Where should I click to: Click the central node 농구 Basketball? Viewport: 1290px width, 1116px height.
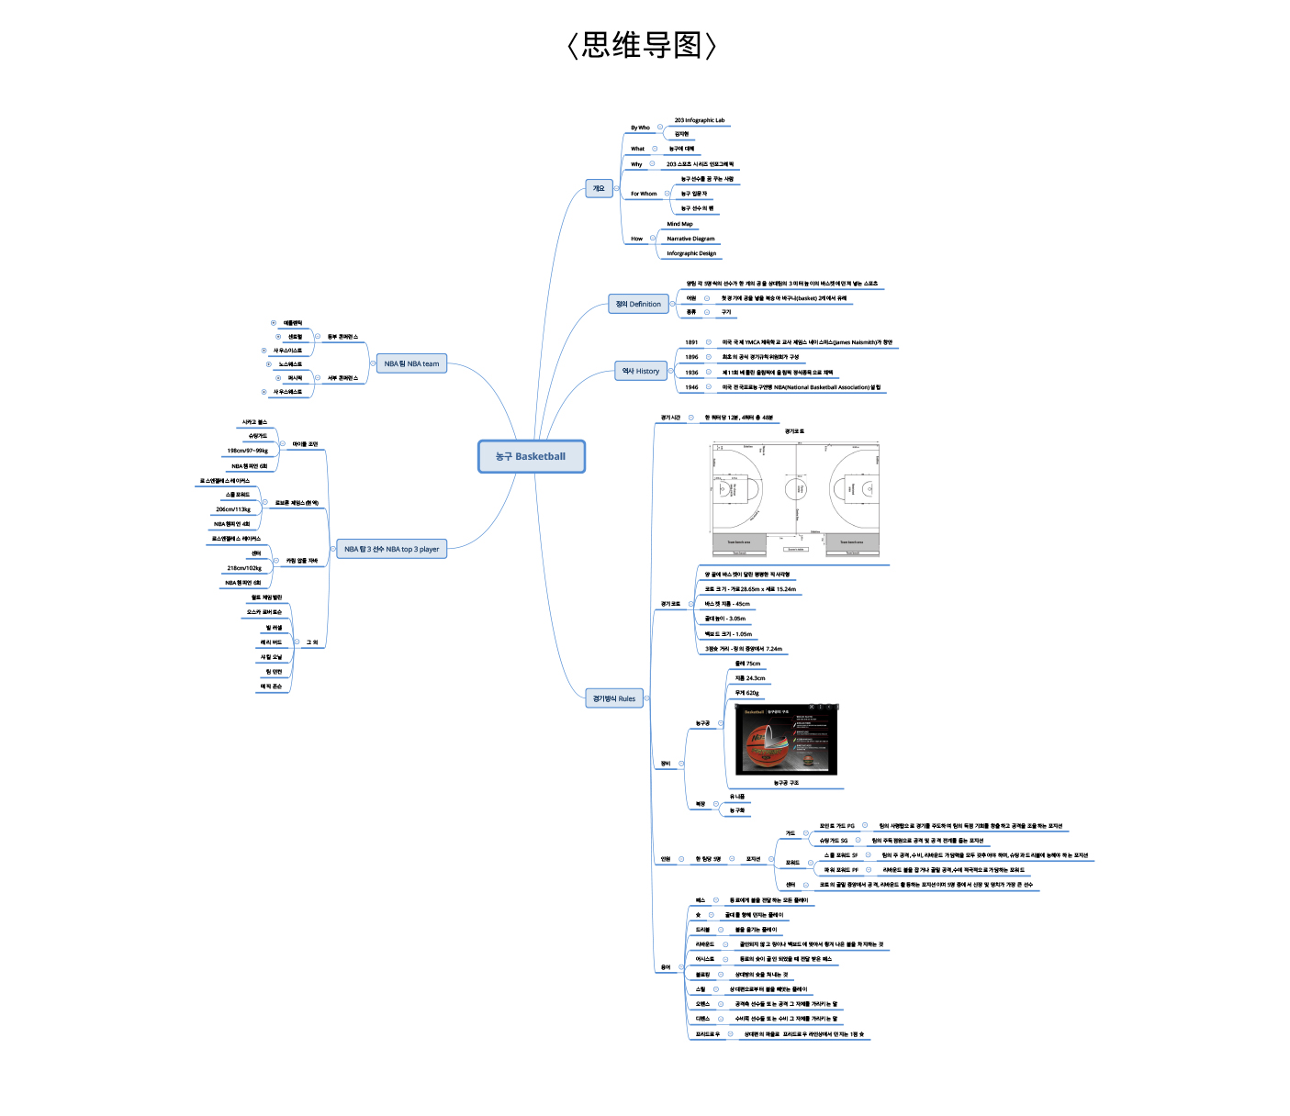(531, 456)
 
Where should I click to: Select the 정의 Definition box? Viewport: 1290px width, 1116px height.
(638, 304)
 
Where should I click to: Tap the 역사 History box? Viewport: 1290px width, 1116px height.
(640, 371)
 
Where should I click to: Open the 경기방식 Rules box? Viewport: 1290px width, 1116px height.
(613, 698)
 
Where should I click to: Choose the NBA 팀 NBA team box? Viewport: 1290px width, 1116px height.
(411, 363)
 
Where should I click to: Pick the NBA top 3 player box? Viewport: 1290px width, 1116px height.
(391, 549)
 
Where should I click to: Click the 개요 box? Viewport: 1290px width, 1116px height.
(599, 188)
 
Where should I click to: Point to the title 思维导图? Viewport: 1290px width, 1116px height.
(642, 45)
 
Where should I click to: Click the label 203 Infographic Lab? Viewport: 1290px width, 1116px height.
(699, 120)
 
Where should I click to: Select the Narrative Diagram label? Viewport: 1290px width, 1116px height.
(690, 239)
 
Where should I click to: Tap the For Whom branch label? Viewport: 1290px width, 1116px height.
(644, 194)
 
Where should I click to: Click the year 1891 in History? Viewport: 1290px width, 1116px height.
(691, 342)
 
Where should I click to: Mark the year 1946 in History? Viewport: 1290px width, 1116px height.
(691, 387)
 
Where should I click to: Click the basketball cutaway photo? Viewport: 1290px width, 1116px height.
(787, 739)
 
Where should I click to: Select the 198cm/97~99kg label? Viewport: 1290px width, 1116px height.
(248, 451)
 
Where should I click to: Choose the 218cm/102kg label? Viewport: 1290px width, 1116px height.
(244, 568)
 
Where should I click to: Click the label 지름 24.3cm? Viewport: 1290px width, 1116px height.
(750, 678)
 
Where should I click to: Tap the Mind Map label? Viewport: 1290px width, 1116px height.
(679, 224)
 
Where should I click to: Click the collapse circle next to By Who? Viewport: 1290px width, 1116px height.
(659, 128)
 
